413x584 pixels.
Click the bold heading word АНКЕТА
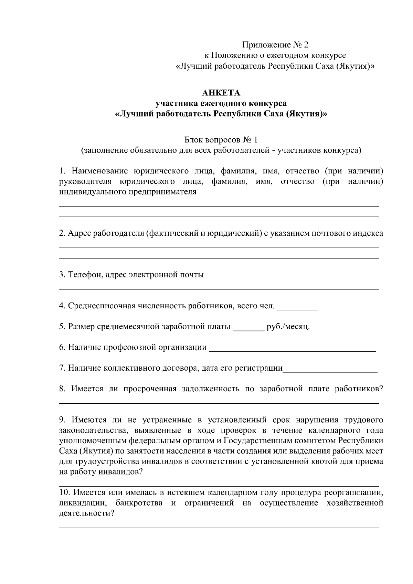click(x=221, y=93)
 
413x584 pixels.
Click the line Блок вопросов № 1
click(x=221, y=140)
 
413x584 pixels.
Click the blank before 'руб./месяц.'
click(x=248, y=328)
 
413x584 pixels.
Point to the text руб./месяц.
click(x=288, y=327)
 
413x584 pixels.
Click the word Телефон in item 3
click(x=84, y=275)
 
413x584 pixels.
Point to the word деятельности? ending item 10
click(x=87, y=513)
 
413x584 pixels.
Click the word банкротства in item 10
click(x=139, y=503)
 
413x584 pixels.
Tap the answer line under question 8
click(x=219, y=403)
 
